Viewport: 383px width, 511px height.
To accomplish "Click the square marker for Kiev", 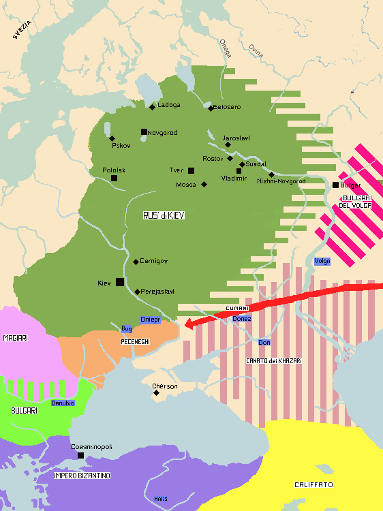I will coord(120,282).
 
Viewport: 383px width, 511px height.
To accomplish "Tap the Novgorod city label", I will coord(164,132).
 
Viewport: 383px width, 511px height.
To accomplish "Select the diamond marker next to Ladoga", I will coord(153,106).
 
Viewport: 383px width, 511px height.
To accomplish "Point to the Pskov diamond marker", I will coord(112,138).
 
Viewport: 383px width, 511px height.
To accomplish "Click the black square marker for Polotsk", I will coord(114,178).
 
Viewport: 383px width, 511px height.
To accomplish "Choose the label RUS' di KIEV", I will coord(164,215).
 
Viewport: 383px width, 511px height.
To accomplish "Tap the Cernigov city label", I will coord(154,262).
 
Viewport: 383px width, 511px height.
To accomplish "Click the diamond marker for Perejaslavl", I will coord(137,292).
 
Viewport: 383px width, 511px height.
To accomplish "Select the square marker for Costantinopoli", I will coord(80,455).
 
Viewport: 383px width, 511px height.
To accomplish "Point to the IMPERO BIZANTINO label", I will coord(82,475).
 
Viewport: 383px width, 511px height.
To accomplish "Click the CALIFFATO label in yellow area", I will coord(313,484).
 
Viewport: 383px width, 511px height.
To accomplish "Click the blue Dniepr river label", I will coord(149,320).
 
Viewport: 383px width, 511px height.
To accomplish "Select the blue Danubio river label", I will coord(63,403).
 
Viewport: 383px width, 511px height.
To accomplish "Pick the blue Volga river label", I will coord(322,261).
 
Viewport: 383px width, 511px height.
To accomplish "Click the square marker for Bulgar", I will coord(335,185).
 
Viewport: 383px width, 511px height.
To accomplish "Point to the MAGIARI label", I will coord(15,337).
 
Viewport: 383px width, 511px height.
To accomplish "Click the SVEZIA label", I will coord(22,31).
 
